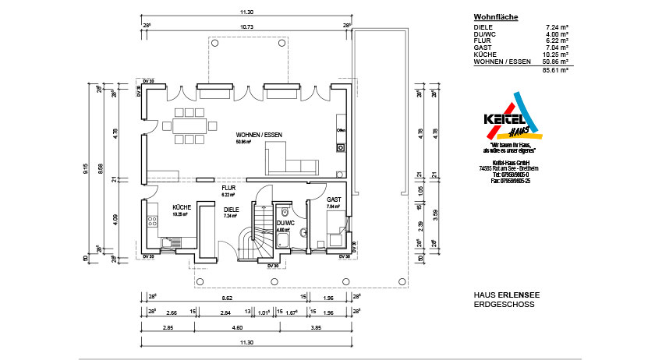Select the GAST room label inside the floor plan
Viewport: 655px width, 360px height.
click(335, 199)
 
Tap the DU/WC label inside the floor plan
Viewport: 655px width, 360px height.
click(285, 224)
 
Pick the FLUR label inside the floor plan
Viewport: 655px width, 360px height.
click(228, 188)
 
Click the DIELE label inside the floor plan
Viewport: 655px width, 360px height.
click(231, 210)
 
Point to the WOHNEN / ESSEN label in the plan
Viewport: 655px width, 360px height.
click(260, 135)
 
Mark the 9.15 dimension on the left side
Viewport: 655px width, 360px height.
click(87, 168)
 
